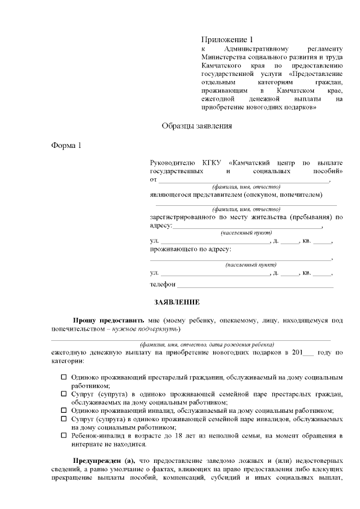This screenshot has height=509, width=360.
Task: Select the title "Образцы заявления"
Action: [x=197, y=126]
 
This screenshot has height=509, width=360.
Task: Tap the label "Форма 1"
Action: [x=66, y=145]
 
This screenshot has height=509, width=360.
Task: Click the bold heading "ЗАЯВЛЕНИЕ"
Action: [x=177, y=303]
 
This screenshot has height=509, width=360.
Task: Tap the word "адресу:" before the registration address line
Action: [x=161, y=225]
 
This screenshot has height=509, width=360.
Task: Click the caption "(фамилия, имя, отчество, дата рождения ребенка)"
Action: [x=207, y=344]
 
